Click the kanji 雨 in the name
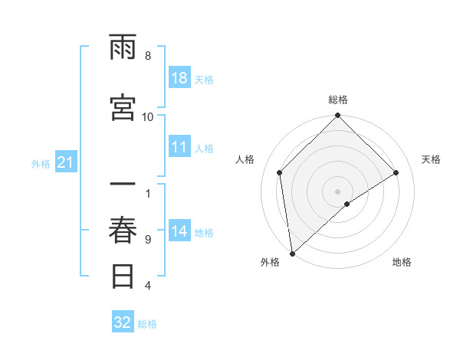[123, 49]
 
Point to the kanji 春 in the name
[123, 230]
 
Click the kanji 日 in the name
[123, 276]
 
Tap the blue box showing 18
[179, 79]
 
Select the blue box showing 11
[179, 148]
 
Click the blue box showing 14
[179, 232]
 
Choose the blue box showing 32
[123, 322]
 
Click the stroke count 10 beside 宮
[147, 116]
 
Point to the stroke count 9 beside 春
[147, 240]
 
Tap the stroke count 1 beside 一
[147, 194]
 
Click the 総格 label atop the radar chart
[337, 100]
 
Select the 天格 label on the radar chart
[431, 159]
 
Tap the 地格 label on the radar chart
[402, 263]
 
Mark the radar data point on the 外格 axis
[291, 254]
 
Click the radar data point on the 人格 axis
[280, 172]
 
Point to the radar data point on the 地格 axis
[347, 204]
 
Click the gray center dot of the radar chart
[337, 191]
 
